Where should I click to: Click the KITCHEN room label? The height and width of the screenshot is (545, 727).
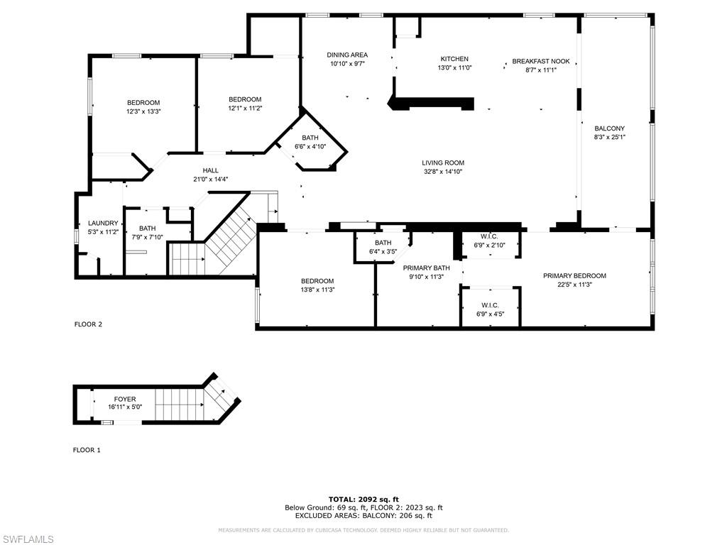pos(454,59)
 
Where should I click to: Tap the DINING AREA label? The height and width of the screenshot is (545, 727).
pos(347,55)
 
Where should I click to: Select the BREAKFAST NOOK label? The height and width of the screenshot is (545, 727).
pos(540,61)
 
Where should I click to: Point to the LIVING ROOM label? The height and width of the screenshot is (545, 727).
pos(443,163)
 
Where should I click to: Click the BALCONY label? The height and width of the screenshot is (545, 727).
pos(610,128)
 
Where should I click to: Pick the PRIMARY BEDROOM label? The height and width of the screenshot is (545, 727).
pos(574,276)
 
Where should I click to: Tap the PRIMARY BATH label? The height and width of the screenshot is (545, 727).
pos(426,268)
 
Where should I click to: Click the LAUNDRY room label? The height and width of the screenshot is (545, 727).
pos(103,223)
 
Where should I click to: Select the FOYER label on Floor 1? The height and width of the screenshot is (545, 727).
pos(125,399)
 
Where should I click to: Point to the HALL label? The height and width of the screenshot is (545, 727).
pos(210,170)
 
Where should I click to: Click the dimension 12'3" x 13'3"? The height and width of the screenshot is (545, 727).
pos(143,111)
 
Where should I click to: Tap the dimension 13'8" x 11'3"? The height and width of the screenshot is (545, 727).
pos(317,290)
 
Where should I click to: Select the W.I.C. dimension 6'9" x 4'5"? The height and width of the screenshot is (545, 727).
pos(490,314)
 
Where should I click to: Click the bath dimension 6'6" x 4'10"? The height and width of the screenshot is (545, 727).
pos(310,146)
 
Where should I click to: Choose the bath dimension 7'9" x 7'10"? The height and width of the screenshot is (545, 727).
pos(147,237)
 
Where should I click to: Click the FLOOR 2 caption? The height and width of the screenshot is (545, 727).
pos(88,324)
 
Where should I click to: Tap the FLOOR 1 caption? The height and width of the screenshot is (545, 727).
pos(87,450)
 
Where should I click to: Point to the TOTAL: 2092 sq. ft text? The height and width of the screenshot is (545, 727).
pos(363,499)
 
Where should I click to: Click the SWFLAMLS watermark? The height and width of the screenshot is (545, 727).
pos(27,539)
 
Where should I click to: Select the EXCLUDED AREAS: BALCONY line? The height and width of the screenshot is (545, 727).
pos(363,515)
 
